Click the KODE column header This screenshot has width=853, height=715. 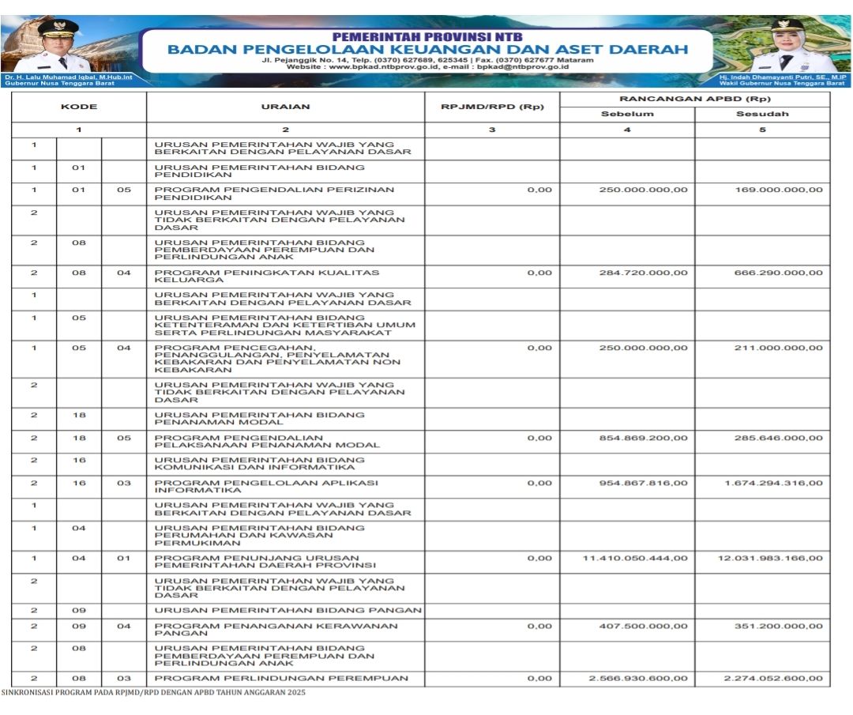coord(78,107)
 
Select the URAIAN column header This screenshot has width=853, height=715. coord(285,107)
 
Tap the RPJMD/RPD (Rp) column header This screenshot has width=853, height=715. coord(491,107)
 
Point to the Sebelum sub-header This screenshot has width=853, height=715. coord(627,114)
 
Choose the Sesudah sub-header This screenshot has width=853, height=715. coord(762,114)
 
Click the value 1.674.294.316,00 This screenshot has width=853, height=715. coord(773,483)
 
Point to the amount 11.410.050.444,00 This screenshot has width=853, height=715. coord(635,558)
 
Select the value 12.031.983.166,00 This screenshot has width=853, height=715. coord(770,558)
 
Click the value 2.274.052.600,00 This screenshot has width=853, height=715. coord(773,678)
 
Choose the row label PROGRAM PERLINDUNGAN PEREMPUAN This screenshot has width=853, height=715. coord(281,678)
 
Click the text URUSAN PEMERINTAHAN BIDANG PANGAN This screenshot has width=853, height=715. coord(288,610)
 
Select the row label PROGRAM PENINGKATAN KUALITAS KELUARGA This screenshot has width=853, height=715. coord(267,276)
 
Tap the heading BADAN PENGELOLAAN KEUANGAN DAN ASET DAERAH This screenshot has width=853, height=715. coord(427,49)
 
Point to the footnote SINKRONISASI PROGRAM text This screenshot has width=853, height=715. coord(152,693)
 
